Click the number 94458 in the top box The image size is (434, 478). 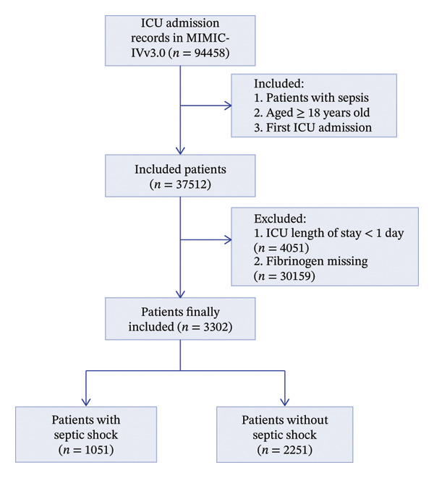(210, 53)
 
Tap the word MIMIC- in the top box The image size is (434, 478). (208, 38)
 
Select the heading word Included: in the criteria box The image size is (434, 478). (279, 84)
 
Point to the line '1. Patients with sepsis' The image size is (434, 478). (311, 98)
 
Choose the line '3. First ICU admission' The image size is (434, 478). (313, 127)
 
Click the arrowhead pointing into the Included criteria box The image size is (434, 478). (228, 106)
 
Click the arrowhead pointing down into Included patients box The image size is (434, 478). (180, 150)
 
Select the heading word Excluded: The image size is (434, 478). (280, 218)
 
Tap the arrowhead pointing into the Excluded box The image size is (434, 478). (228, 240)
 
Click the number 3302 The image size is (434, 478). (216, 327)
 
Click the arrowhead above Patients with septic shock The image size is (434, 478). (86, 402)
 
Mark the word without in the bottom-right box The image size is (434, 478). (307, 420)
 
